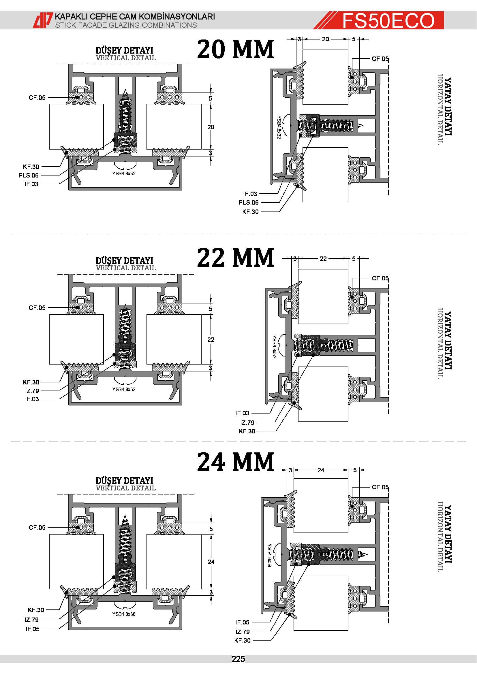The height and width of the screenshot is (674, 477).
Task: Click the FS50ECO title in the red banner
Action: coord(388,20)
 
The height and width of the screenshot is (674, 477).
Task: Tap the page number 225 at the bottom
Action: coord(238,659)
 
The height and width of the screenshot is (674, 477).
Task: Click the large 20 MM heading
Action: coord(236,49)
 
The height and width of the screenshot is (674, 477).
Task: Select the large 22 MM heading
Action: coord(236,257)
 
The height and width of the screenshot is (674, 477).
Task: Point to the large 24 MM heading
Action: coord(236,462)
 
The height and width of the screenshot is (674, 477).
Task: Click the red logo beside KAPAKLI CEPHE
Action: coord(43,20)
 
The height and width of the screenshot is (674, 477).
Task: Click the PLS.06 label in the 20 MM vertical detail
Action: coord(29,175)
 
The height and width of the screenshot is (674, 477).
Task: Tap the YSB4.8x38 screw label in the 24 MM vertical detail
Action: coord(124,614)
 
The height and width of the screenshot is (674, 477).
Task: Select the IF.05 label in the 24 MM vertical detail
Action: coord(32,629)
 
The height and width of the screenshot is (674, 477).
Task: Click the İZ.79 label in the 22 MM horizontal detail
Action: coord(247,422)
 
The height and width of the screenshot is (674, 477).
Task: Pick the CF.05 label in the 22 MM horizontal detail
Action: coord(380,278)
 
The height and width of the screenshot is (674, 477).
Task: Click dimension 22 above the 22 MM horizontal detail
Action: coord(323,258)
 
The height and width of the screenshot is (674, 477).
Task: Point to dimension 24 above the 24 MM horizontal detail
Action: coord(321,470)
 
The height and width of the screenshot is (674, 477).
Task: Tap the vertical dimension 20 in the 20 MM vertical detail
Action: coord(211,127)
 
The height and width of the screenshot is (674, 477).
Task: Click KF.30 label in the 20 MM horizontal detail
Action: coord(251,212)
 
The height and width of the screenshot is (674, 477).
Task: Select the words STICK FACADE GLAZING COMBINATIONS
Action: coord(126,25)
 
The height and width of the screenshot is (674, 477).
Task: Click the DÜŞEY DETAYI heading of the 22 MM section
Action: coord(125,261)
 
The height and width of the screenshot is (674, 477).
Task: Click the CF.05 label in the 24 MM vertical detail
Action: coord(37,528)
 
